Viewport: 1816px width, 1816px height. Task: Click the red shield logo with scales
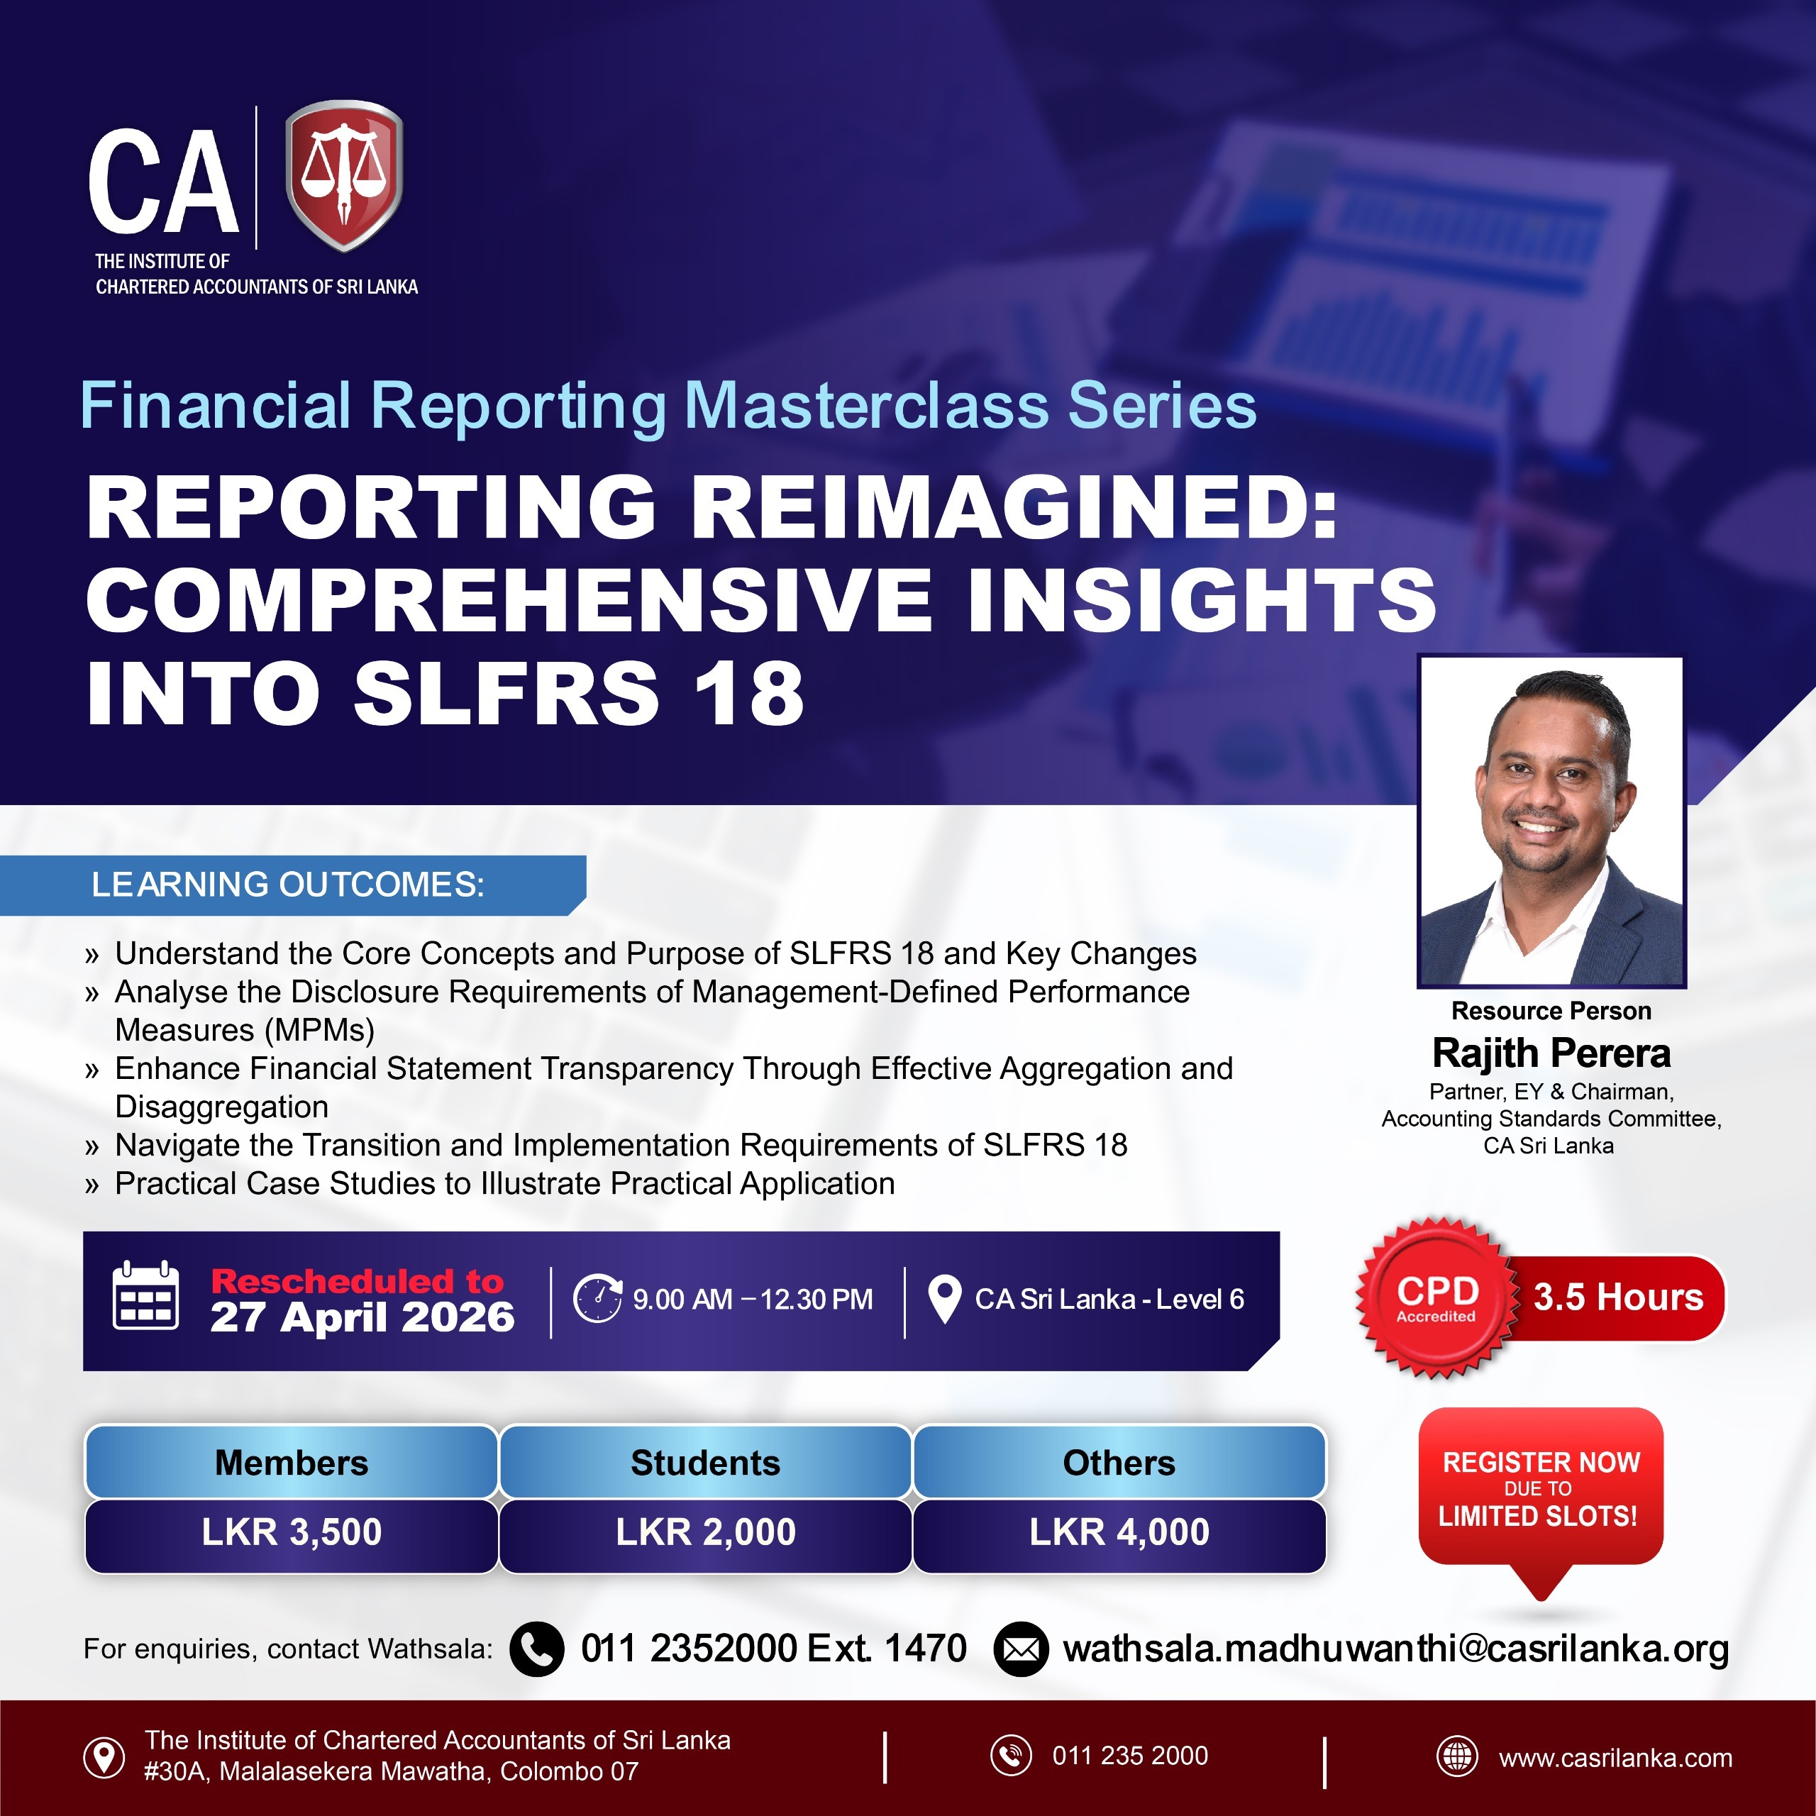point(344,176)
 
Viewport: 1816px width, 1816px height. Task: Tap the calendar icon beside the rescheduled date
point(145,1295)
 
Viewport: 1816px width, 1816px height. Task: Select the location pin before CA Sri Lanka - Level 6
point(943,1299)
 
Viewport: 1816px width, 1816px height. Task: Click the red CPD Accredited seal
point(1436,1298)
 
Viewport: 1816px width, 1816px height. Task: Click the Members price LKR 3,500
point(292,1532)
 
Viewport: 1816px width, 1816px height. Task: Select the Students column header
point(705,1463)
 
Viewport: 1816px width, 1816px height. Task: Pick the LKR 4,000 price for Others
point(1119,1532)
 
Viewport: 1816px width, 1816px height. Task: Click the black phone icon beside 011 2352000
point(537,1649)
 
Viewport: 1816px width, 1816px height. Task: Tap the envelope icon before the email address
point(1021,1649)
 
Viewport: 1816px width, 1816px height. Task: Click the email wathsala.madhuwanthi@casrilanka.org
point(1396,1649)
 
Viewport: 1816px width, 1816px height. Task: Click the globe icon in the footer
point(1458,1756)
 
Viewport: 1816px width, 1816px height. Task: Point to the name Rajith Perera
point(1551,1053)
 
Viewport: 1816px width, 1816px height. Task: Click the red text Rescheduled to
point(358,1281)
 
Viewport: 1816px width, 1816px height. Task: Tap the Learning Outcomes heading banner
point(292,885)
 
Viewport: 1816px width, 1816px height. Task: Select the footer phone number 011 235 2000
point(1130,1756)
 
